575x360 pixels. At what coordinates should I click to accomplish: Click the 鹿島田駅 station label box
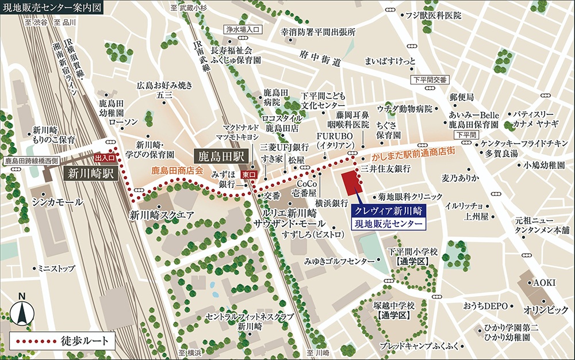[x=218, y=155]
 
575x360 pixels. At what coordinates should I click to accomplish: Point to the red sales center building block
[x=351, y=183]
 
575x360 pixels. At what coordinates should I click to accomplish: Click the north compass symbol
[x=22, y=311]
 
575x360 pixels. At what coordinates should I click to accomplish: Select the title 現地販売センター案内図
[x=51, y=9]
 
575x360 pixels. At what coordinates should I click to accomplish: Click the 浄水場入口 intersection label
[x=243, y=28]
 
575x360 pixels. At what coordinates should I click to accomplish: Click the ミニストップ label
[x=56, y=268]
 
